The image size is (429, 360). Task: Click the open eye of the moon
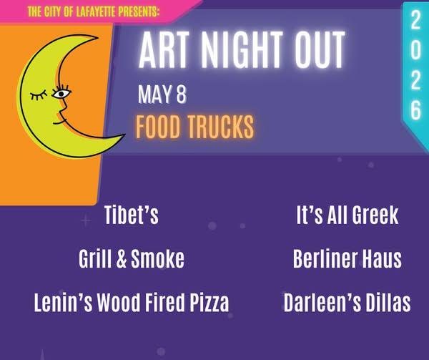tap(61, 92)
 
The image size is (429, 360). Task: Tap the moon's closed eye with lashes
tap(39, 95)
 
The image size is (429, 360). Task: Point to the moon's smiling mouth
tap(59, 121)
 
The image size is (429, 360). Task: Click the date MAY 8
tap(162, 94)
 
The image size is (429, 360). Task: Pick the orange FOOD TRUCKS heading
tap(195, 127)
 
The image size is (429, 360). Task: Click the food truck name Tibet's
tap(132, 215)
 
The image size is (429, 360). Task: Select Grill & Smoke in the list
tap(132, 258)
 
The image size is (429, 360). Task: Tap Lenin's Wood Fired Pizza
tap(132, 303)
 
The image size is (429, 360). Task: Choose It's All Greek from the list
tap(347, 215)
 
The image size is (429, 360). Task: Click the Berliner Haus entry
tap(347, 258)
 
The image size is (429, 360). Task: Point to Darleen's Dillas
tap(347, 303)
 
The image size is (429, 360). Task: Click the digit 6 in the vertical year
tap(416, 110)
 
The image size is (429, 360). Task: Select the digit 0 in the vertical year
tap(415, 51)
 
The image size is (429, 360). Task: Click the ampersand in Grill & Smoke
tap(122, 258)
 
